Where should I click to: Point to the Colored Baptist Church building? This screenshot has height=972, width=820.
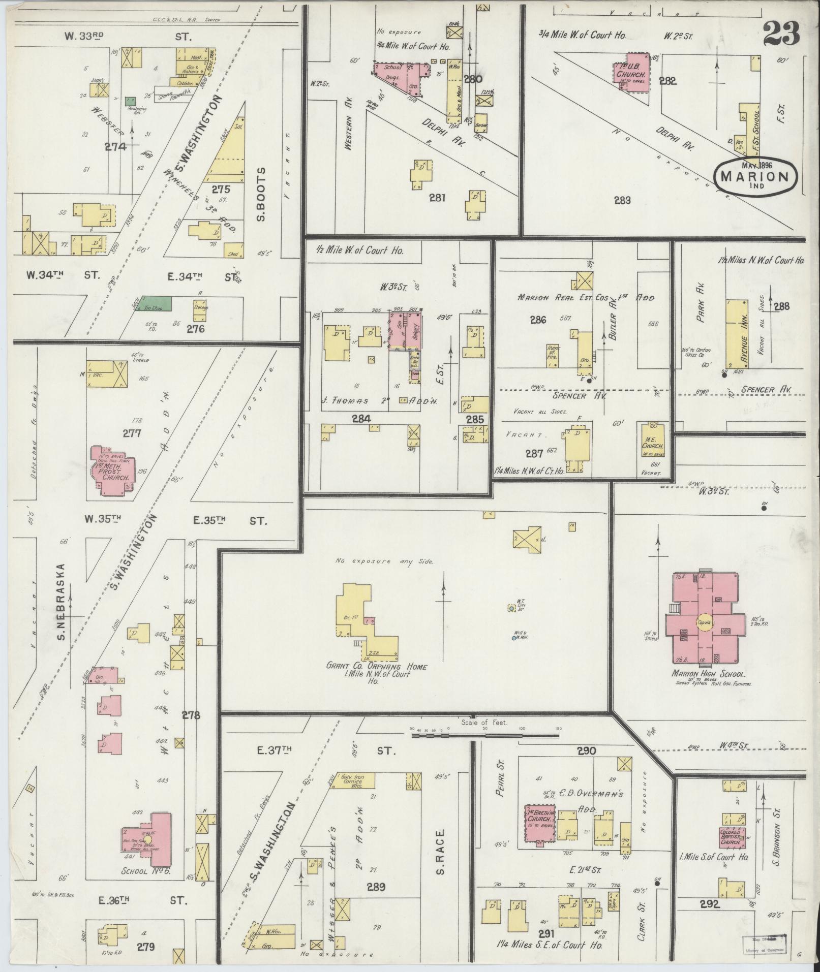point(733,836)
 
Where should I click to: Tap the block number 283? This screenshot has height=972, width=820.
point(622,200)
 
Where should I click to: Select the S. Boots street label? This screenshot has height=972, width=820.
point(262,195)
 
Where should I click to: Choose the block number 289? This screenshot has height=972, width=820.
point(376,887)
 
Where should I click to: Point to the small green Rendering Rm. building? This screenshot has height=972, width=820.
point(131,101)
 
